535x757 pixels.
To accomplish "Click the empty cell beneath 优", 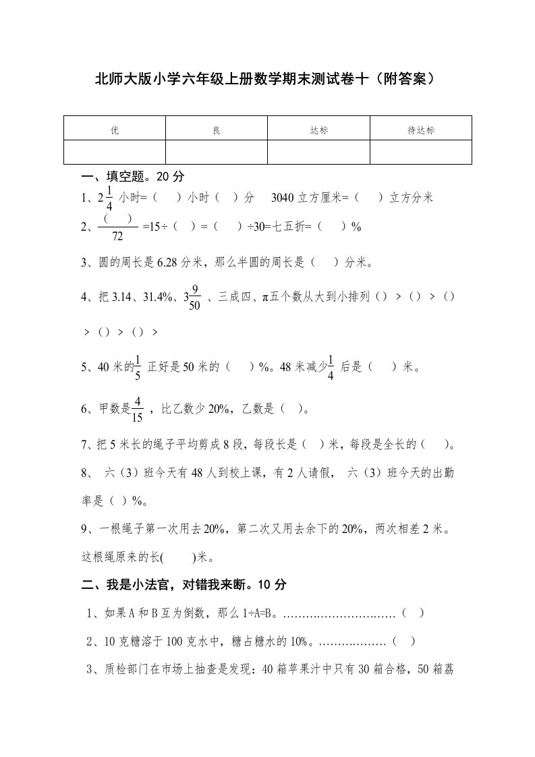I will click(115, 152).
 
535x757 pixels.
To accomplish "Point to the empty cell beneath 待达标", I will click(421, 152).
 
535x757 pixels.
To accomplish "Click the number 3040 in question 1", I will click(283, 198).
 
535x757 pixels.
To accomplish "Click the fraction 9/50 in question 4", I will click(194, 297).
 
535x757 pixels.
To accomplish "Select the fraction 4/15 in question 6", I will click(137, 409).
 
